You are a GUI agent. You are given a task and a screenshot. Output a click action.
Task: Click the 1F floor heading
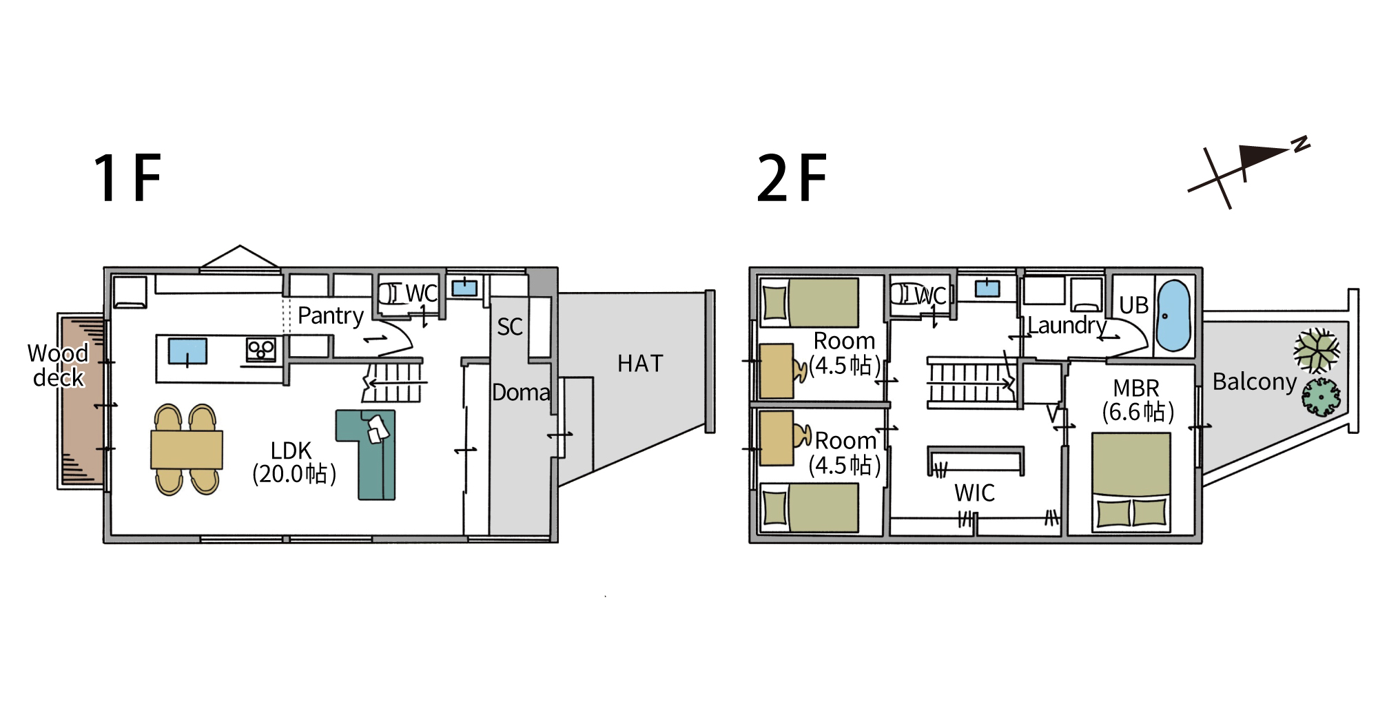coord(127,178)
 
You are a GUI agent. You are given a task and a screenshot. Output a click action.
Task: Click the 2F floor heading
coord(792,178)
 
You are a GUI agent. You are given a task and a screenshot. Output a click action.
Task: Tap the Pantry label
coord(331,315)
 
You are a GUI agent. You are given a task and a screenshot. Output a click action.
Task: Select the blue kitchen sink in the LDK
coord(187,351)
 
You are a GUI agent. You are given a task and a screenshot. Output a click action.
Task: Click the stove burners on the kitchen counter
coord(261,350)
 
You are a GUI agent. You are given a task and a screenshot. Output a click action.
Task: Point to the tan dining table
coord(187,450)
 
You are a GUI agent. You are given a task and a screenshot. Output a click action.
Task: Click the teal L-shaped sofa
coord(366,454)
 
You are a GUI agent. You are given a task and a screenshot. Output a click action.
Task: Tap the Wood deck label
coord(59,365)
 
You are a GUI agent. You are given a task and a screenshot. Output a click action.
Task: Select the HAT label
coord(640,363)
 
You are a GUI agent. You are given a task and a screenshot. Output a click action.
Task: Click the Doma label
coord(521,393)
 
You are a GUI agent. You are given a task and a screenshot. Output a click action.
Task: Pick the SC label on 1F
coord(510,326)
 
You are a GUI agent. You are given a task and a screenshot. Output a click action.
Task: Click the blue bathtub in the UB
coord(1173,315)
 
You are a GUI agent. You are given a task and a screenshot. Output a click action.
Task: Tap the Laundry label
coord(1067,325)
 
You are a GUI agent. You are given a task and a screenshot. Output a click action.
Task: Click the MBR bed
coord(1131,481)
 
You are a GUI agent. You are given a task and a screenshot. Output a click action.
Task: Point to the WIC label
coord(974,492)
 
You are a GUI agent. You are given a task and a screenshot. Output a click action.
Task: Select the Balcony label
coord(1255,382)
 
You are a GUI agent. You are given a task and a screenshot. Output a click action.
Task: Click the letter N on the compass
coord(1301,144)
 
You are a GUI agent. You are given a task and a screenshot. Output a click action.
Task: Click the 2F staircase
coord(971,383)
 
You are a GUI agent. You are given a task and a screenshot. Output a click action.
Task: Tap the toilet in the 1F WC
coord(389,293)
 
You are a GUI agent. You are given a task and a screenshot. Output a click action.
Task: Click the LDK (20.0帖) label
coord(294,462)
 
